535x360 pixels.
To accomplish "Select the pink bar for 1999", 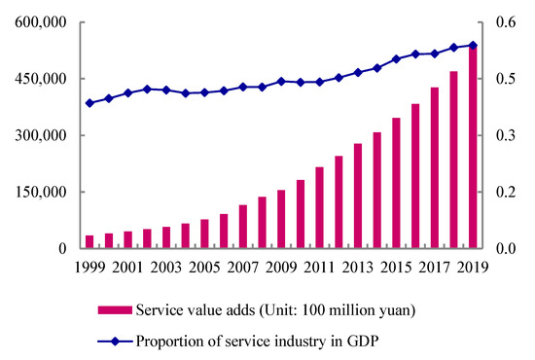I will pyautogui.click(x=89, y=241).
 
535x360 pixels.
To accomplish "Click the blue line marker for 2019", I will pyautogui.click(x=473, y=45).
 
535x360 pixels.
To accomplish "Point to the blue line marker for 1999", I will pyautogui.click(x=89, y=102).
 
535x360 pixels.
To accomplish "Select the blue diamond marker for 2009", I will pyautogui.click(x=281, y=81).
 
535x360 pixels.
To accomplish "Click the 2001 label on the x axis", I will pyautogui.click(x=127, y=266).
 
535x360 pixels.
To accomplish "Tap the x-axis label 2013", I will pyautogui.click(x=358, y=266).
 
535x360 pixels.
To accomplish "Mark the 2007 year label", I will pyautogui.click(x=242, y=266).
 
